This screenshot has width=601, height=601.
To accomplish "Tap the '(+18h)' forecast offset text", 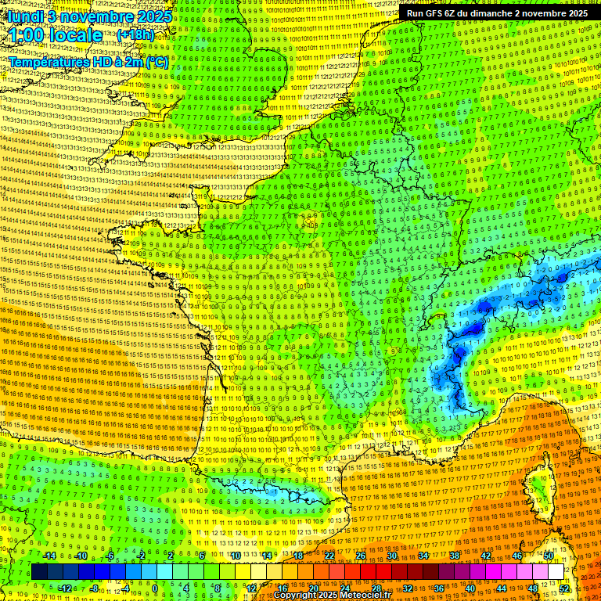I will tap(135, 35).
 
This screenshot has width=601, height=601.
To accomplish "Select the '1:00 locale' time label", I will tap(56, 35).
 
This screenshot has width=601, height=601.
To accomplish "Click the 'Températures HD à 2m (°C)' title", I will tap(88, 61).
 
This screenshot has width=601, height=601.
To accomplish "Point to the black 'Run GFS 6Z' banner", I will tap(497, 13).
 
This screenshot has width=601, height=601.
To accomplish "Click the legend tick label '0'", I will tap(155, 588).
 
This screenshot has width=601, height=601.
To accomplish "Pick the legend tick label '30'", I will tap(392, 556).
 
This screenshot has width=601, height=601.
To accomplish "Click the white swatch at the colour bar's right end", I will tap(556, 572).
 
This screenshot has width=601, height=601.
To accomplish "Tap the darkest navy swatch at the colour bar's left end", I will tap(39, 572).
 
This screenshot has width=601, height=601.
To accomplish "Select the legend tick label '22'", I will tap(329, 556).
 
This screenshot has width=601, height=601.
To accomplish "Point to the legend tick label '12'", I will tap(251, 588).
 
